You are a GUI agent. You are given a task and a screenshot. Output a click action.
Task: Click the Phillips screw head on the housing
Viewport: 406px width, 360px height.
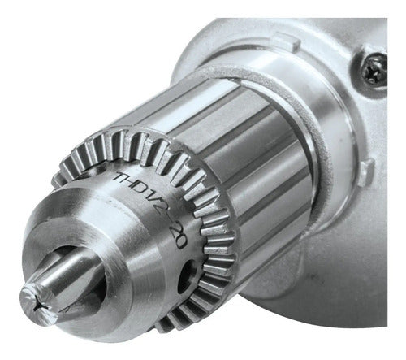pos(375,69)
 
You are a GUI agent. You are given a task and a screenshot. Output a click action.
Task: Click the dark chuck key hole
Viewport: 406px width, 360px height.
pos(186,275)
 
